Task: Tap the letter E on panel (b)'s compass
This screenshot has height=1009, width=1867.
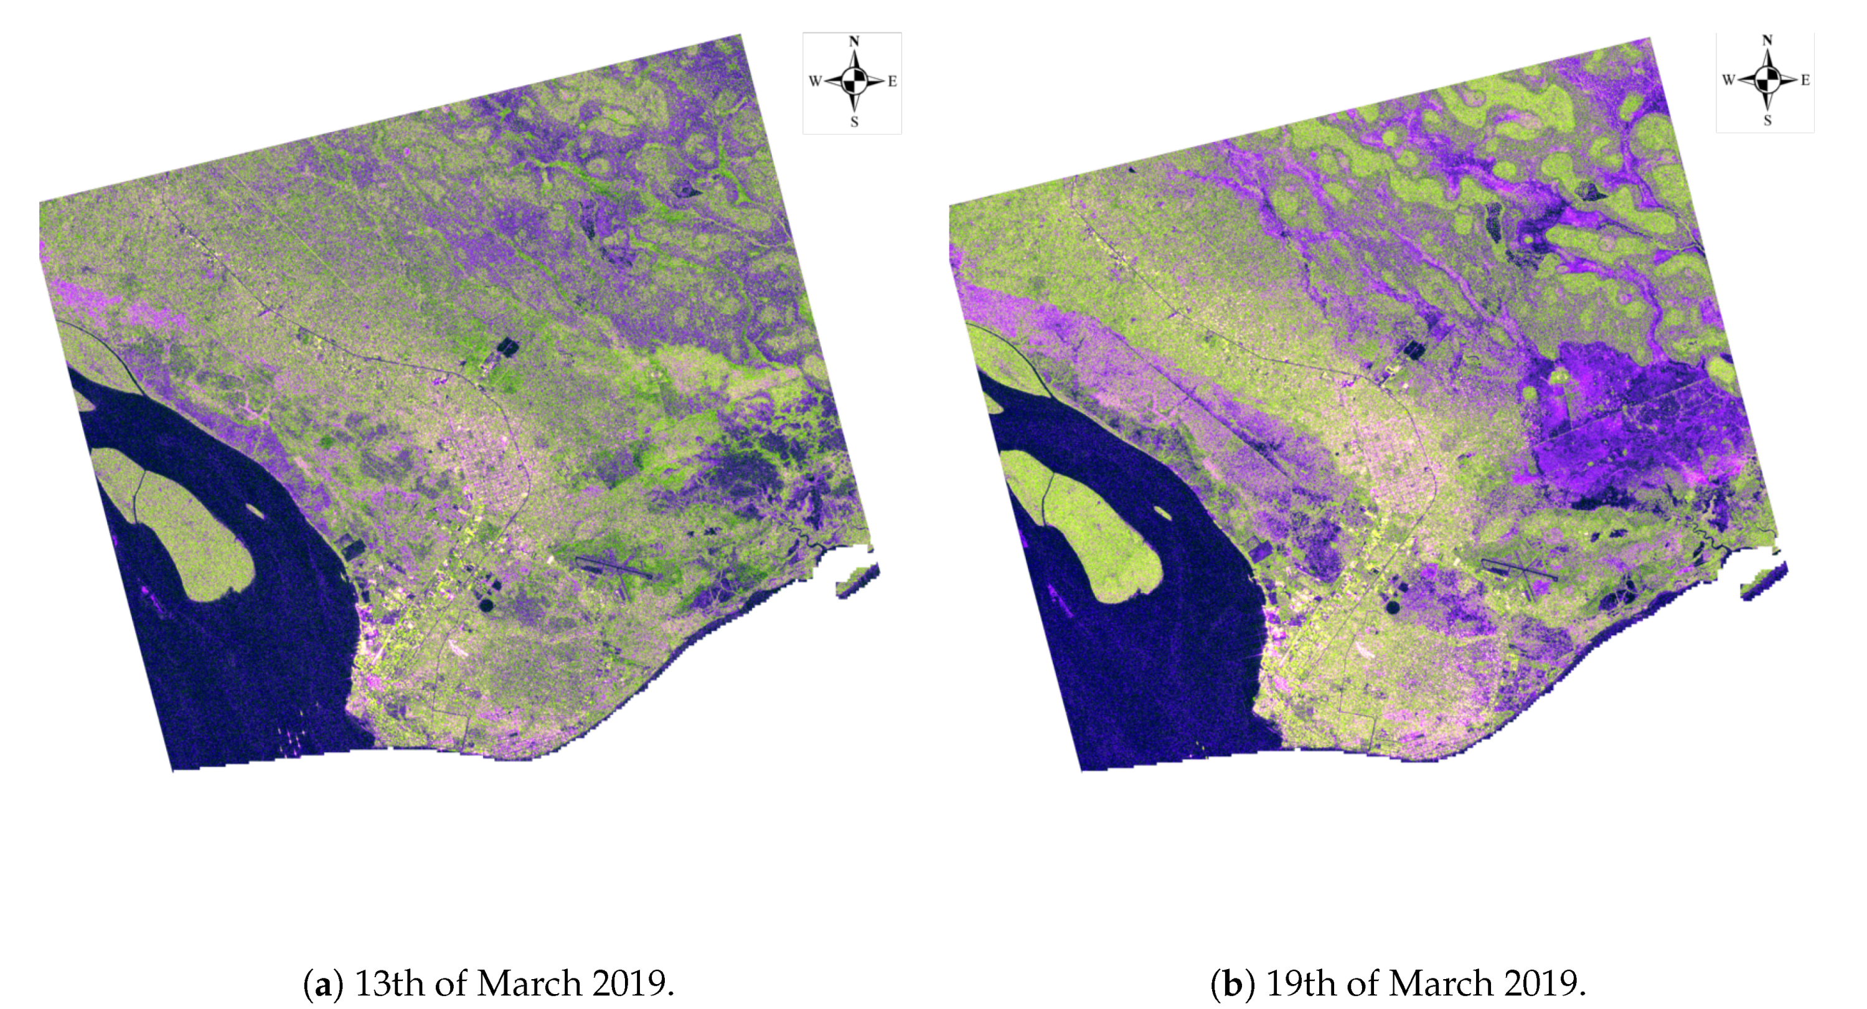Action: coord(1805,80)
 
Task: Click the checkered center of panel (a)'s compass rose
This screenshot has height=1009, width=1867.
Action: coord(855,80)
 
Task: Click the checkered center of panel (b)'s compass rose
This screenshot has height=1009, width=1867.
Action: coord(1767,79)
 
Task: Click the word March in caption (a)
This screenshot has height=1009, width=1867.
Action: coord(529,983)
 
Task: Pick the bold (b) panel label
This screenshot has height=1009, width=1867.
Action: coord(1233,983)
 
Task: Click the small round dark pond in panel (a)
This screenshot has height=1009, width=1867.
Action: coord(486,604)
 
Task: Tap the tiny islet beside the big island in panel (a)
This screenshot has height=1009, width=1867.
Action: coord(255,510)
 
